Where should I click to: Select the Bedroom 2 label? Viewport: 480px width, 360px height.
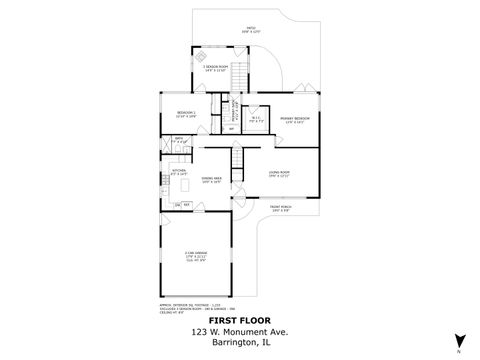tap(187, 114)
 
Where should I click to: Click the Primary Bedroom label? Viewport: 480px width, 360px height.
tap(296, 120)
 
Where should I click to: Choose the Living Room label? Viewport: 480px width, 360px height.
tap(279, 174)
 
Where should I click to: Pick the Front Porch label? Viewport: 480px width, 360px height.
tap(281, 210)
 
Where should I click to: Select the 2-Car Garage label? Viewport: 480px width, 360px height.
tap(195, 256)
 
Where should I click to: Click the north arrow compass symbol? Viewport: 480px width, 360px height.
tap(457, 346)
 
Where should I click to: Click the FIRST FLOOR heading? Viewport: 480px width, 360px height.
tap(239, 321)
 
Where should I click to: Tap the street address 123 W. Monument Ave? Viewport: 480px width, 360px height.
tap(239, 333)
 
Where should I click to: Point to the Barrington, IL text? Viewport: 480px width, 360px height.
tap(239, 344)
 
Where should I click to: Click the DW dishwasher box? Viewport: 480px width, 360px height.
tap(178, 206)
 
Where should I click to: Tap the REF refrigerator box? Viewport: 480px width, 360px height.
tap(188, 206)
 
